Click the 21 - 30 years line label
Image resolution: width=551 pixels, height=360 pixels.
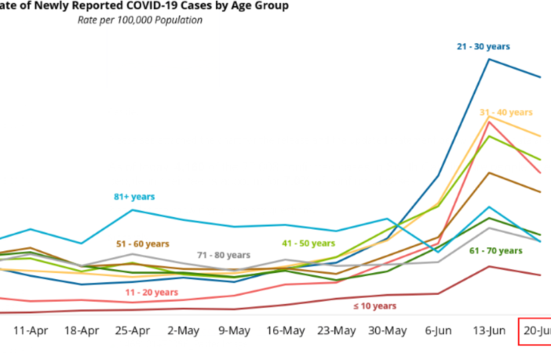483,46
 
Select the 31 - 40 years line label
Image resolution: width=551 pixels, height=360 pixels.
506,112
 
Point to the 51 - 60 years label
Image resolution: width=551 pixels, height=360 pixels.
142,244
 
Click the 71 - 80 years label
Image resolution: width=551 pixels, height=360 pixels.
224,255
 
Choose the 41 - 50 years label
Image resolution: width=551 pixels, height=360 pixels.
309,244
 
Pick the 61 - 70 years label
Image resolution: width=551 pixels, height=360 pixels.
495,251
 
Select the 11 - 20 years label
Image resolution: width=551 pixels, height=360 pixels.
151,292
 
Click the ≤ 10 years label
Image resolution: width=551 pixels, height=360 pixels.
374,306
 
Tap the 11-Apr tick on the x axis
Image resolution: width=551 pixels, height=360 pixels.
32,331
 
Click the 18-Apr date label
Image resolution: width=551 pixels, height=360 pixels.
82,331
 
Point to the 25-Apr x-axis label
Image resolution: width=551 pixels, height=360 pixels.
132,331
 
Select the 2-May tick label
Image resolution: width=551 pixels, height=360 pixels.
183,331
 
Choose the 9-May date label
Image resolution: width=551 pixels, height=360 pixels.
234,331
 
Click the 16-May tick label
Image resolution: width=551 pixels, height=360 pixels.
285,331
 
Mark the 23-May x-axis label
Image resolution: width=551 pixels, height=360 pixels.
336,331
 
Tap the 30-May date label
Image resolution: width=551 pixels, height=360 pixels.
387,331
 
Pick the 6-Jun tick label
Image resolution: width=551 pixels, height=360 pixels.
438,331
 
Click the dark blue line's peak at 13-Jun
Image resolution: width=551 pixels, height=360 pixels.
489,59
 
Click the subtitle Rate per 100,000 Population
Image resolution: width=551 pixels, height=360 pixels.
140,20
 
